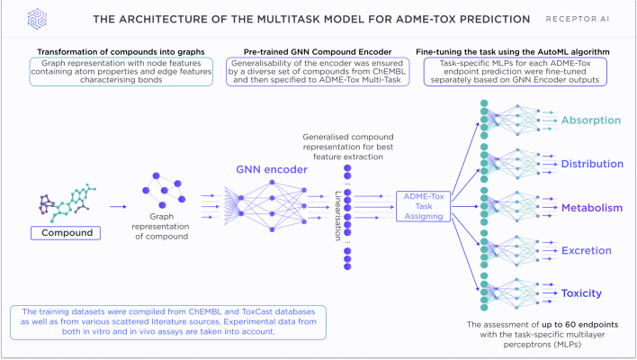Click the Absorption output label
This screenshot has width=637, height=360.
tap(590, 121)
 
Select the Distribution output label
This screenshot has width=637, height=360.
tap(592, 164)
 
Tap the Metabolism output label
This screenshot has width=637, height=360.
tap(591, 208)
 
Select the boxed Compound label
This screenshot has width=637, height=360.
tap(64, 233)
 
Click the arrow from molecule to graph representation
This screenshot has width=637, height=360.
tap(118, 206)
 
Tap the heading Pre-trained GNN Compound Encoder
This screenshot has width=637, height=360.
tap(318, 52)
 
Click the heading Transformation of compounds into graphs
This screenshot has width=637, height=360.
tap(108, 52)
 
